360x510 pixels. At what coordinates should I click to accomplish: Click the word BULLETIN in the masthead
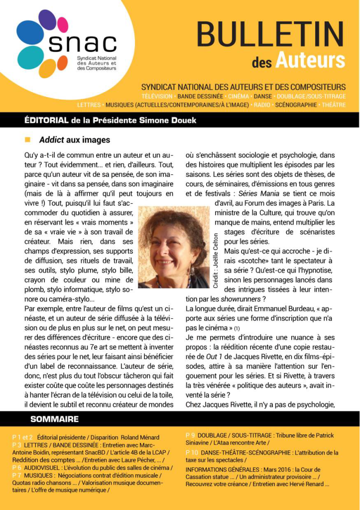click(270, 34)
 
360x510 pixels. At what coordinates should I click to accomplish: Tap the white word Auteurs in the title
click(317, 60)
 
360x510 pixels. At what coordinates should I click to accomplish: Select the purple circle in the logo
click(47, 20)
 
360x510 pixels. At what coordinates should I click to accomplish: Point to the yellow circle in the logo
click(48, 68)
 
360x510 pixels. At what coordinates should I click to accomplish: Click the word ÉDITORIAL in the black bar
click(46, 120)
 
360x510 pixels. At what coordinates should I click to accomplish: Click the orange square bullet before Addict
click(28, 140)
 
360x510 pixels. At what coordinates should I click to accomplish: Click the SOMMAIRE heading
click(54, 419)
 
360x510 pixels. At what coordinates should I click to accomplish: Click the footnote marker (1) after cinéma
click(237, 328)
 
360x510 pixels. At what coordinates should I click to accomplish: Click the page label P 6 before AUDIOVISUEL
click(17, 468)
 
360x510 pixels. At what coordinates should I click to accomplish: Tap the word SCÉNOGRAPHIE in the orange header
click(296, 105)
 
